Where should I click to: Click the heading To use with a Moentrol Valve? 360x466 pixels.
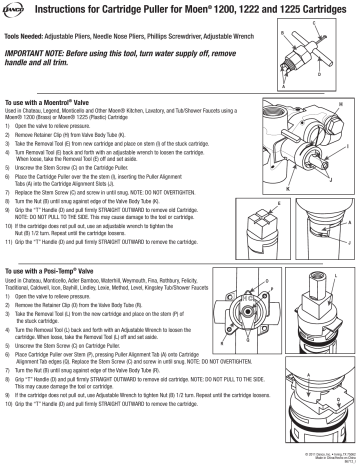click(x=61, y=104)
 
